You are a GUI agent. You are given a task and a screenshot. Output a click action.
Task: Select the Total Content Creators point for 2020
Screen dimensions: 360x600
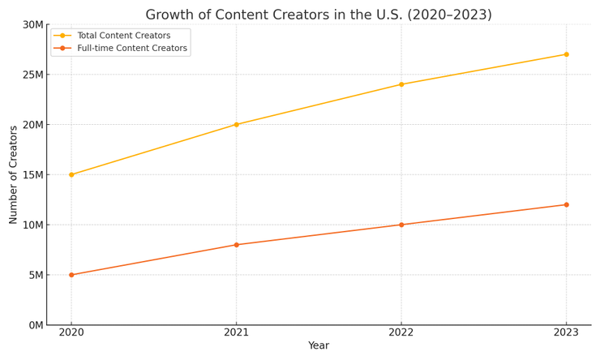pyautogui.click(x=71, y=174)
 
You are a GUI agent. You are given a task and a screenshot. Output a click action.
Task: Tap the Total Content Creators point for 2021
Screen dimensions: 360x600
pyautogui.click(x=236, y=125)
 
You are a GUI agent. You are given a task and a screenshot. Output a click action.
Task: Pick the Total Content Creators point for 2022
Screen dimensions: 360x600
pyautogui.click(x=401, y=84)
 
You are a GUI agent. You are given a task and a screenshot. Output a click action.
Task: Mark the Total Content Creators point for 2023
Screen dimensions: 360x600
pyautogui.click(x=566, y=54)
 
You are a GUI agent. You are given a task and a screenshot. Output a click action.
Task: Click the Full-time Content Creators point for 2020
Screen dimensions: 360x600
pyautogui.click(x=71, y=275)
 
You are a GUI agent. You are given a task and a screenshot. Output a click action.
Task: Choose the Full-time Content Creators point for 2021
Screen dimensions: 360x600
pyautogui.click(x=236, y=245)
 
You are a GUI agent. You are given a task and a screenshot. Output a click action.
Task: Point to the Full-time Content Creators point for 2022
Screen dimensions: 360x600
pyautogui.click(x=401, y=225)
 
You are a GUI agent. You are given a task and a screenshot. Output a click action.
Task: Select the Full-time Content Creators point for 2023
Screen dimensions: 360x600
pyautogui.click(x=566, y=204)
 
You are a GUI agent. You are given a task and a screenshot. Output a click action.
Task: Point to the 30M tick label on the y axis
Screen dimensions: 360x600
pyautogui.click(x=32, y=24)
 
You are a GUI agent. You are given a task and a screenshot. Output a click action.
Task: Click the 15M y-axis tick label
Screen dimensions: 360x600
pyautogui.click(x=32, y=175)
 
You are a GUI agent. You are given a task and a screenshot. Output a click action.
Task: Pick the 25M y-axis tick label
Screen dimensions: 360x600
pyautogui.click(x=32, y=75)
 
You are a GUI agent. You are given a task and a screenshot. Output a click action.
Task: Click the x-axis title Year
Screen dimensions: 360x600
pyautogui.click(x=319, y=346)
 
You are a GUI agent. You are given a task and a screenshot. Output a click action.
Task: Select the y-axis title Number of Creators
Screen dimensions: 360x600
pyautogui.click(x=14, y=174)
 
